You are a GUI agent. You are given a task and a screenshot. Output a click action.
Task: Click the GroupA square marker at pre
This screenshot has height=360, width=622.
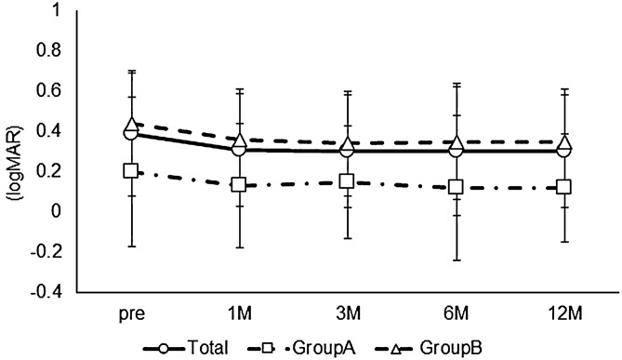(x=131, y=171)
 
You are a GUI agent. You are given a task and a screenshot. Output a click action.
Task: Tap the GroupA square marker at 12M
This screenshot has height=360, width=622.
(x=562, y=187)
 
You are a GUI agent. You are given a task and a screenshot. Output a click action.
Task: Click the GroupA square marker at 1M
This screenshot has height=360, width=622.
(x=239, y=185)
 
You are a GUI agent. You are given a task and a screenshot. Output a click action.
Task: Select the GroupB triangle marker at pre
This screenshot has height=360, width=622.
(x=131, y=126)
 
